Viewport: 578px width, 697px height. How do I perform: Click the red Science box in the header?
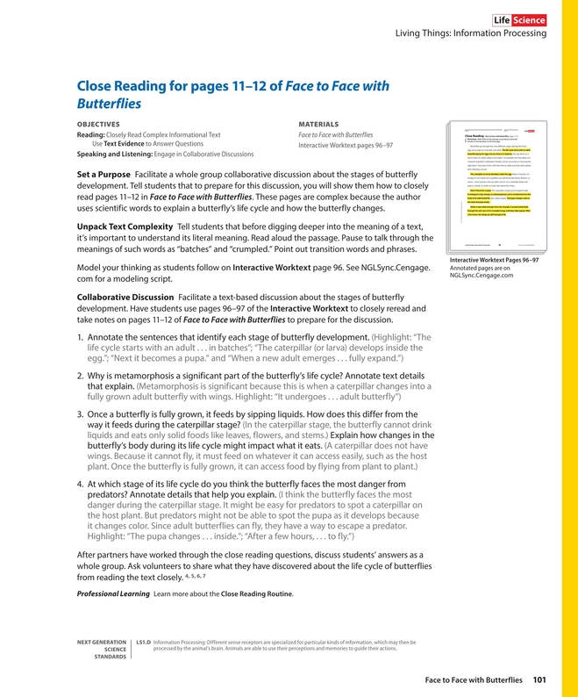click(528, 20)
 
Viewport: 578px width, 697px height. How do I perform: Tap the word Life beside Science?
click(501, 20)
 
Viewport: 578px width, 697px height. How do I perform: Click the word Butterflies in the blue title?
click(109, 104)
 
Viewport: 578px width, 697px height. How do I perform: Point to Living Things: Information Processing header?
click(472, 36)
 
